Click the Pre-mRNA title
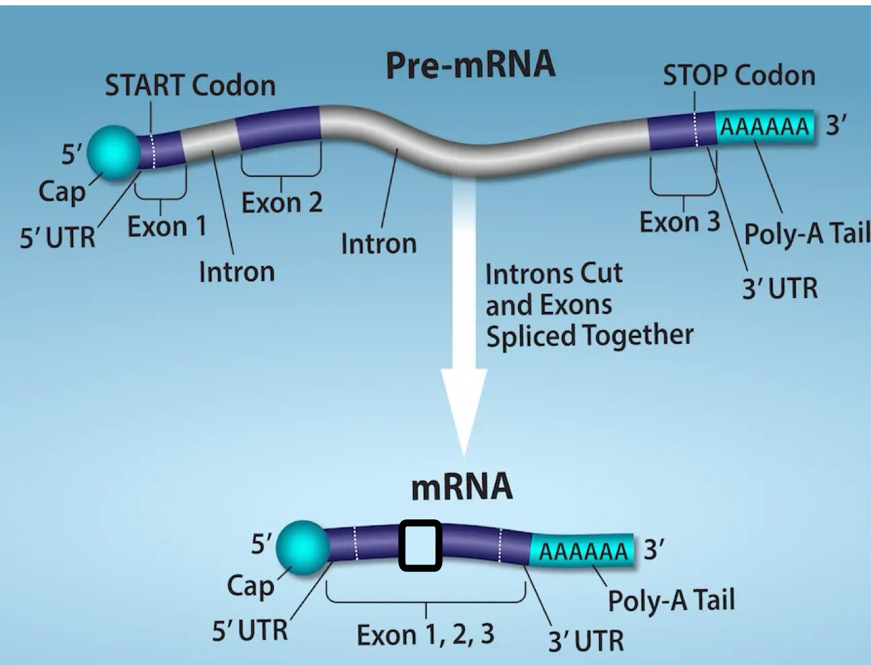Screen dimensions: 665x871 (470, 65)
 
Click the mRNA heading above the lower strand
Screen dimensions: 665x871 (461, 487)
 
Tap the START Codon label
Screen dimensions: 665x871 (190, 86)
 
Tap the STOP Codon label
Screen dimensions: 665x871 (739, 76)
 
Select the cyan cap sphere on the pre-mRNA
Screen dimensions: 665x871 (114, 152)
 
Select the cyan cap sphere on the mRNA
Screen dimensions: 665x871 (303, 548)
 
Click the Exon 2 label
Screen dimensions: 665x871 (281, 202)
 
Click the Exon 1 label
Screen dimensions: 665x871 (166, 227)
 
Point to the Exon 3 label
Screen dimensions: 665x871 (680, 222)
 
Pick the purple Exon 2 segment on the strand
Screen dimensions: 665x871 (279, 127)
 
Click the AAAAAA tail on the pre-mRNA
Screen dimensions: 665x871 (765, 126)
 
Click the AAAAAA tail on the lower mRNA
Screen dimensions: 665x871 (582, 551)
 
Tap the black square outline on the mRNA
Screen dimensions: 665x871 (420, 545)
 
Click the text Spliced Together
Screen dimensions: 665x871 (589, 335)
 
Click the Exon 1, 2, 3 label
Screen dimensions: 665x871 (426, 634)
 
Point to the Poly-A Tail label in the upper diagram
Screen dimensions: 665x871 (806, 233)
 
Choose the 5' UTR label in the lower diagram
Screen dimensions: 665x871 (249, 630)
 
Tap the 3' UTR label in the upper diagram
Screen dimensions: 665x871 (779, 289)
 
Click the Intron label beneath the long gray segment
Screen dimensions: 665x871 (378, 244)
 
